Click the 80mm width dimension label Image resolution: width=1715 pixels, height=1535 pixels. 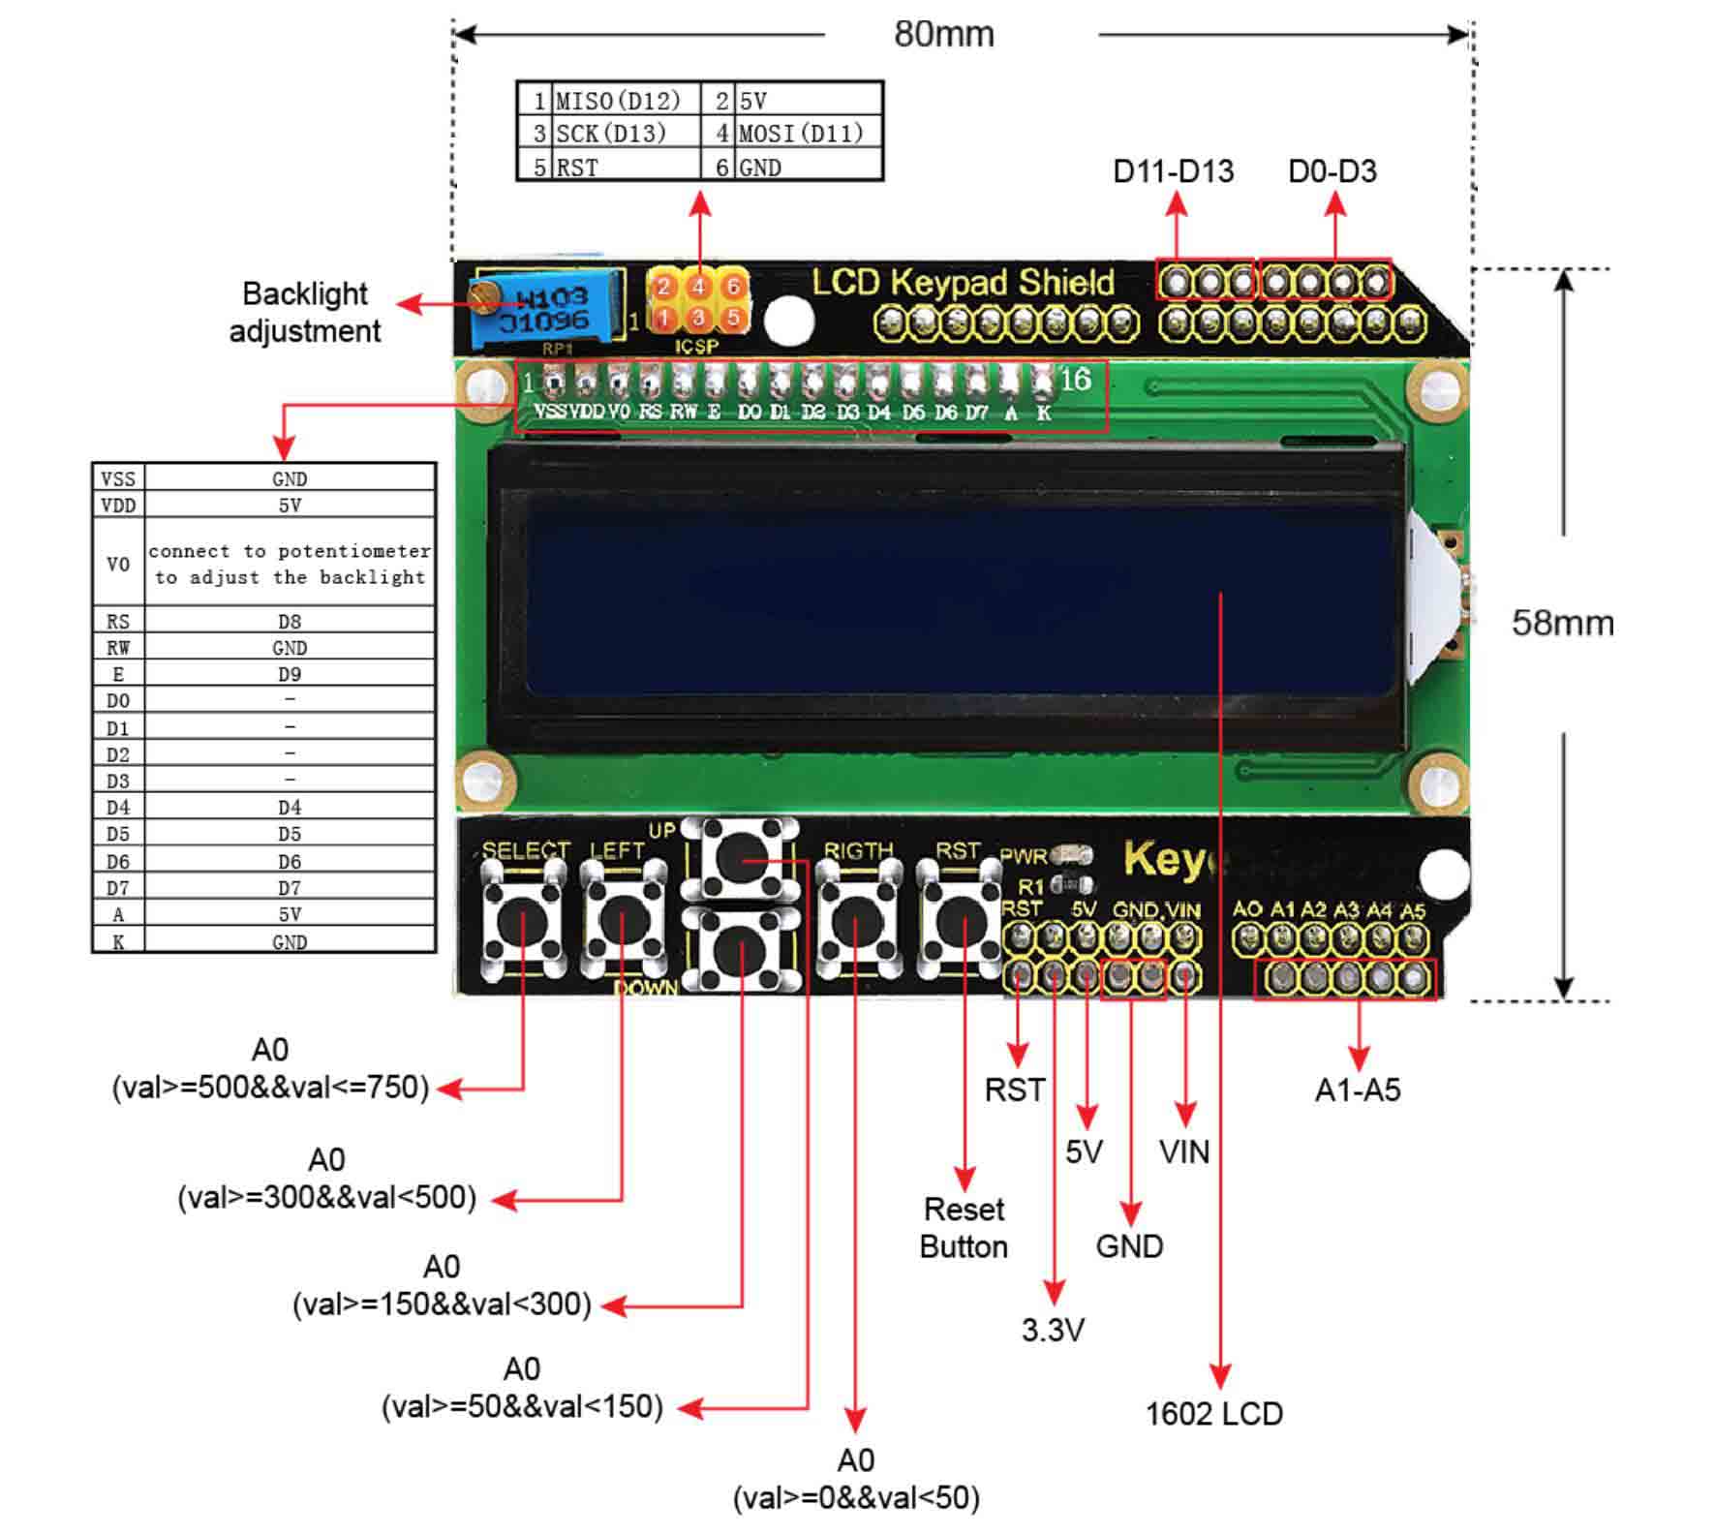click(x=943, y=35)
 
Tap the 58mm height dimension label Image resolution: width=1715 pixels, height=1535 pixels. click(x=1562, y=623)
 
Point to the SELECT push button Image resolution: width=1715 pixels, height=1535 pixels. click(x=522, y=921)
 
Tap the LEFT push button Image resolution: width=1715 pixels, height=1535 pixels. click(x=622, y=920)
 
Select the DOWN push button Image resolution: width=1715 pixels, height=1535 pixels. click(x=741, y=947)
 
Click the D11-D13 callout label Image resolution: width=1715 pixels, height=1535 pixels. click(x=1174, y=171)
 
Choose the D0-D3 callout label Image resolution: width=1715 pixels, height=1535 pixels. click(x=1332, y=171)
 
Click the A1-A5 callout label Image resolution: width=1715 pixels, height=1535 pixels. click(x=1357, y=1090)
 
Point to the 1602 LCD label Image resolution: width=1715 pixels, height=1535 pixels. click(x=1213, y=1414)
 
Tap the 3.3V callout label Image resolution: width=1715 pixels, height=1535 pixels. click(x=1053, y=1330)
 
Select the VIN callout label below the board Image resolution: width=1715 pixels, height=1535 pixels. click(x=1183, y=1152)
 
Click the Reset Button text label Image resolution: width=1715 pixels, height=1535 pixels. click(x=964, y=1228)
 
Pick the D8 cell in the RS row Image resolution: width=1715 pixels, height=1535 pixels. click(x=290, y=622)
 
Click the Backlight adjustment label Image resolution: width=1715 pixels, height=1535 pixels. click(x=305, y=312)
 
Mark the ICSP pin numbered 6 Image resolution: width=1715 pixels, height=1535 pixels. click(x=733, y=287)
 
